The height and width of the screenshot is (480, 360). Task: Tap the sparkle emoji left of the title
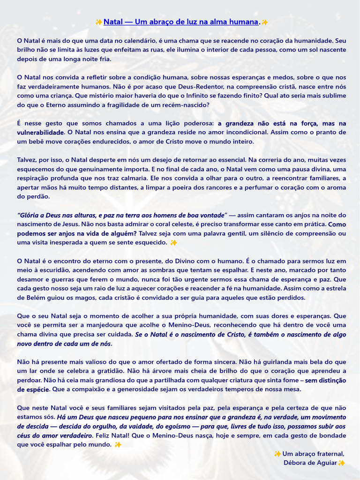coord(99,22)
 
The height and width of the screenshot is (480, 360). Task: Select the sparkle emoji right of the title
coord(265,22)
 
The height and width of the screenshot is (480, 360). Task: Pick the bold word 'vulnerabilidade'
coord(40,132)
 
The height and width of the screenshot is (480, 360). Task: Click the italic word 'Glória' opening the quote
coord(30,215)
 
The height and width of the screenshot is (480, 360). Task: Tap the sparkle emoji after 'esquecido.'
coord(174,242)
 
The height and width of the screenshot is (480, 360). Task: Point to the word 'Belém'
coord(28,297)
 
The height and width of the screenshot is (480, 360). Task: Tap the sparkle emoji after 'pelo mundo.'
coord(118,444)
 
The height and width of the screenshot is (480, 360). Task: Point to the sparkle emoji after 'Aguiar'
coord(342,463)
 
